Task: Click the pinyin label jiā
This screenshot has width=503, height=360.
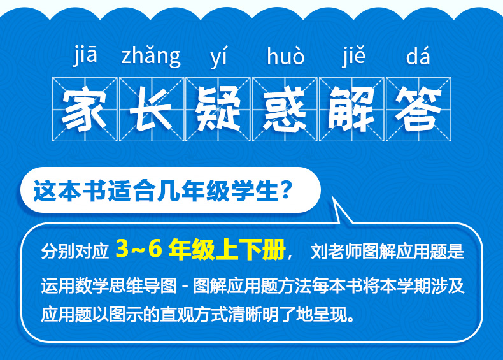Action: [85, 55]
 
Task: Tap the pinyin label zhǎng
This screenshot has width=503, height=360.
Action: [151, 57]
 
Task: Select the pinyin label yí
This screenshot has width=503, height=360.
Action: [218, 57]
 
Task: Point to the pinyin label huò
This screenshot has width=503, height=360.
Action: [285, 56]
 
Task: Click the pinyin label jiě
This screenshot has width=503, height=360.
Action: [353, 57]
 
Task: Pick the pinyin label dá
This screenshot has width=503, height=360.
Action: [418, 56]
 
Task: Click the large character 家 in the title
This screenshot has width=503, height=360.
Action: [85, 109]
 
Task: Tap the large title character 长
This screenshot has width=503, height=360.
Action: [152, 109]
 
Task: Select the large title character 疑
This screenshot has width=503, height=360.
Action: [218, 109]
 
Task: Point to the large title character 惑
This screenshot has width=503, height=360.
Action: [285, 109]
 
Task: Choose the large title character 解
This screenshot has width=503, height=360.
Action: [351, 109]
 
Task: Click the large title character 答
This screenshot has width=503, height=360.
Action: [418, 109]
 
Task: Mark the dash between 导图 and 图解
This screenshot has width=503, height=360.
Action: [185, 285]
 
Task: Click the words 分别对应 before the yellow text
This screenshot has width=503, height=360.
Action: [74, 252]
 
